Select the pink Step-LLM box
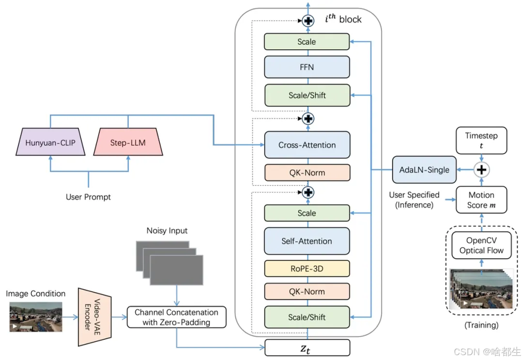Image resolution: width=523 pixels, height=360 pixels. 128,142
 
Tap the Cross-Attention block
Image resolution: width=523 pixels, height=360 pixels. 307,145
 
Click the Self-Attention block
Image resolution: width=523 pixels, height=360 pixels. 307,241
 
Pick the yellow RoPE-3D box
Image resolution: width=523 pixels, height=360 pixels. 307,268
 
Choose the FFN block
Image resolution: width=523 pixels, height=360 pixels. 307,67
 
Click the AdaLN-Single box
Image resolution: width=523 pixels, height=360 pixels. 424,170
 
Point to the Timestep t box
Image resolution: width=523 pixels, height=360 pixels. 481,141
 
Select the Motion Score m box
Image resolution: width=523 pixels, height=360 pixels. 481,200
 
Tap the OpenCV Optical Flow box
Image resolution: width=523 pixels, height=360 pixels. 481,245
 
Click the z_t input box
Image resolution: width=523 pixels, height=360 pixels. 307,347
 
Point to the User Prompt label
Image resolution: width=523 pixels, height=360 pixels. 88,197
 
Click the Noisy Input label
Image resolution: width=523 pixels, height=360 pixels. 167,231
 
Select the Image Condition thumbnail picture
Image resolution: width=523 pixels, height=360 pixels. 36,317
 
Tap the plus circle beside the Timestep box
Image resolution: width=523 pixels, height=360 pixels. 481,170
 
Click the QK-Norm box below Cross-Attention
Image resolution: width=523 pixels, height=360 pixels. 307,173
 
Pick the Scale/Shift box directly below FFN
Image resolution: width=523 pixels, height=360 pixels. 307,95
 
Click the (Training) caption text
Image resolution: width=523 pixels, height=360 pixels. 481,325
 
